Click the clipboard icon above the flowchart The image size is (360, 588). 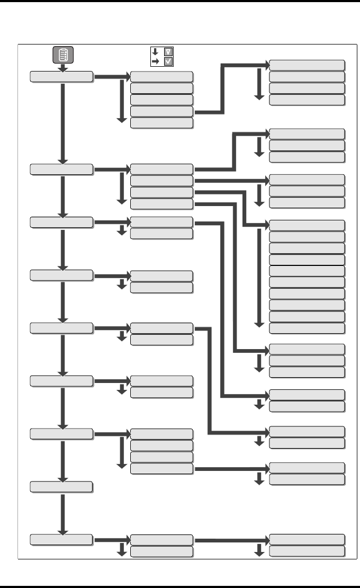coord(63,55)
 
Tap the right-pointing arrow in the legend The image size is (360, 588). coord(155,61)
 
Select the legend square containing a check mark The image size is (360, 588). coord(168,61)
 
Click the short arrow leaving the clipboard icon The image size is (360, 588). coord(63,67)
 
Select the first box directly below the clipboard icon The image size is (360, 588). coord(61,77)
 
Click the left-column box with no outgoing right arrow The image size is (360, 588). coord(61,486)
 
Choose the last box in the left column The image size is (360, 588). coord(61,539)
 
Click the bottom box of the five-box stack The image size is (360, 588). coord(161,122)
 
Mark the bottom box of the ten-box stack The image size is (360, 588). coord(307,328)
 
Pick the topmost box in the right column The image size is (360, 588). coord(307,65)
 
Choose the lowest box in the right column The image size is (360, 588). coord(307,551)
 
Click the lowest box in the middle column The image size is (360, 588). coord(161,551)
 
